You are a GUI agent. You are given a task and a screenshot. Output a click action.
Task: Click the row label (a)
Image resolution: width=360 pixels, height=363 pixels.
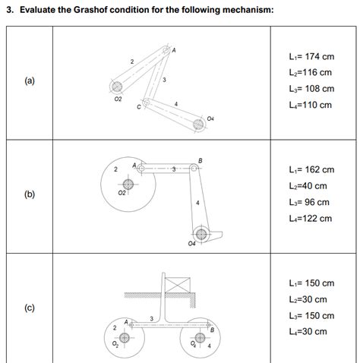coord(30,81)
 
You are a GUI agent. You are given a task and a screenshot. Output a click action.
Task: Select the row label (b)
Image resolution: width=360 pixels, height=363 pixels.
coord(30,194)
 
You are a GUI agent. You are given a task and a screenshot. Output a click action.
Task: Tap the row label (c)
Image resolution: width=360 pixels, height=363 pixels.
coord(30,308)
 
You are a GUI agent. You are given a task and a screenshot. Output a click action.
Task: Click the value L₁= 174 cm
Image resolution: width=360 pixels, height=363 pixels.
coord(311,56)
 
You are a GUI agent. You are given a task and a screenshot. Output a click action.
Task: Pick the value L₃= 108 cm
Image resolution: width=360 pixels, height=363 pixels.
coord(311,89)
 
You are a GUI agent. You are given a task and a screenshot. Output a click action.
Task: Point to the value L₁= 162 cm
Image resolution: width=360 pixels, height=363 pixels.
coord(311,169)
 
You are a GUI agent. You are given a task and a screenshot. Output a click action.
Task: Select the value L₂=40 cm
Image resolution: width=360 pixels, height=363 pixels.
coord(308,186)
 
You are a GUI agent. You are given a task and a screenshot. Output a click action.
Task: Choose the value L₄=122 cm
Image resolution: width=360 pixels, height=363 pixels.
coord(311,219)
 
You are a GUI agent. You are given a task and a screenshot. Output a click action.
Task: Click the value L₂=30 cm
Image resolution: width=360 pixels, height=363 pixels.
coord(308,299)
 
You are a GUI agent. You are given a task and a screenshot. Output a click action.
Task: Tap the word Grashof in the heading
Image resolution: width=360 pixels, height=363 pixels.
coord(90,10)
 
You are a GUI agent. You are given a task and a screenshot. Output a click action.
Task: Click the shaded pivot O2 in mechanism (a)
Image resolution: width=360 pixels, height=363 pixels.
coord(117,87)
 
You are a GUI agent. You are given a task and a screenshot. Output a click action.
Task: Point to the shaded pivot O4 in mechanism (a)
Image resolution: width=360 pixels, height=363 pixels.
coord(198,125)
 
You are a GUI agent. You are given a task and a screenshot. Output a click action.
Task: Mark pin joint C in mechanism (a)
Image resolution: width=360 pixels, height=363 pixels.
coord(146,103)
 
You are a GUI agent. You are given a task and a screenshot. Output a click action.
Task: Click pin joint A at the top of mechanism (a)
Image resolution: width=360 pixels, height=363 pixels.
coord(166,50)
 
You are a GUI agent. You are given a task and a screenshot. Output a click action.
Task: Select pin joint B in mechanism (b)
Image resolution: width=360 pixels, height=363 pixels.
coord(194,168)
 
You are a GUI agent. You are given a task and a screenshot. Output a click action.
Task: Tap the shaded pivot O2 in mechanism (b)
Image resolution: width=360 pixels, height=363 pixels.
coord(128,185)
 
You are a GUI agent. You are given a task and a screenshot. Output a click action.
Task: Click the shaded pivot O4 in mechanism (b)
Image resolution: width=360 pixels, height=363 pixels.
coord(201,234)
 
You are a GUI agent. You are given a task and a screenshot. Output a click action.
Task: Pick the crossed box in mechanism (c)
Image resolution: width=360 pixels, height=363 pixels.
coord(178,285)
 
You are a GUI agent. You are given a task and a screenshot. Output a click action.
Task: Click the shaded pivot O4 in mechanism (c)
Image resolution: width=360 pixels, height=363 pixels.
coord(200,338)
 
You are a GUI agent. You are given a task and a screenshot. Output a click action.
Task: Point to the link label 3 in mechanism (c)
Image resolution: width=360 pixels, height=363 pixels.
coord(152,319)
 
